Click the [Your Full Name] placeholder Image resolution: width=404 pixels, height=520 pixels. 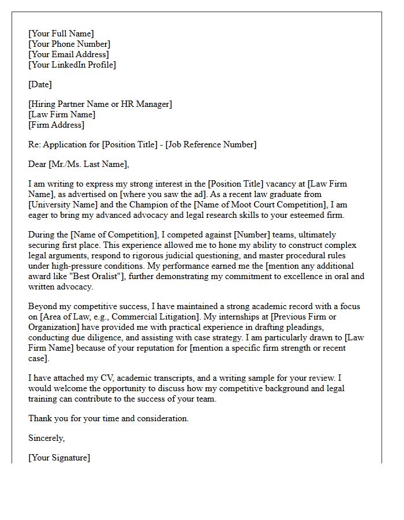click(x=61, y=34)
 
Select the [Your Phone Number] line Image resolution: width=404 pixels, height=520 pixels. click(x=69, y=44)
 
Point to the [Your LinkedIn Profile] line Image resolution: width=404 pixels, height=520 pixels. click(x=72, y=65)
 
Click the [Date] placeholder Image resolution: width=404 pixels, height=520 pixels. click(x=40, y=85)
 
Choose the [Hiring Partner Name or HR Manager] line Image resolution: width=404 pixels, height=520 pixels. click(x=100, y=105)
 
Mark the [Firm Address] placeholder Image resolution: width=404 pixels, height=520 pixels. click(x=56, y=125)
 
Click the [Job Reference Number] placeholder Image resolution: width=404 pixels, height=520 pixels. click(x=211, y=145)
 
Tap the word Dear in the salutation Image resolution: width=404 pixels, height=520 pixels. click(x=38, y=165)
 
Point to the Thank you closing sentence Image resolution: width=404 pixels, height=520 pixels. click(x=109, y=418)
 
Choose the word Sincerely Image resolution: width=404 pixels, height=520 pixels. click(x=46, y=439)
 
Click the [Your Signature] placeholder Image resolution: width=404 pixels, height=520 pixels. click(x=59, y=458)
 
